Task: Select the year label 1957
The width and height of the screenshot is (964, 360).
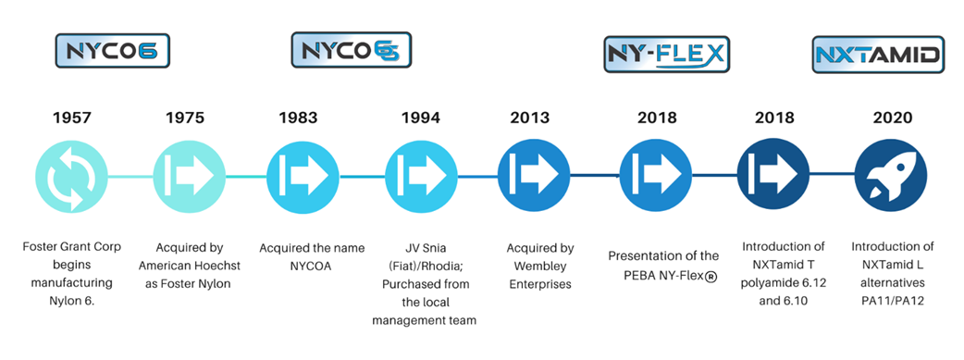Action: click(x=71, y=118)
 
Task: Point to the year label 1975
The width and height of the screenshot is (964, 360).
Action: click(x=185, y=118)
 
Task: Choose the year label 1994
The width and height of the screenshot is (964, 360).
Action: click(x=421, y=118)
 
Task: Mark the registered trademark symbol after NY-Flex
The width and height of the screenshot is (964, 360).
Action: click(x=711, y=276)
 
